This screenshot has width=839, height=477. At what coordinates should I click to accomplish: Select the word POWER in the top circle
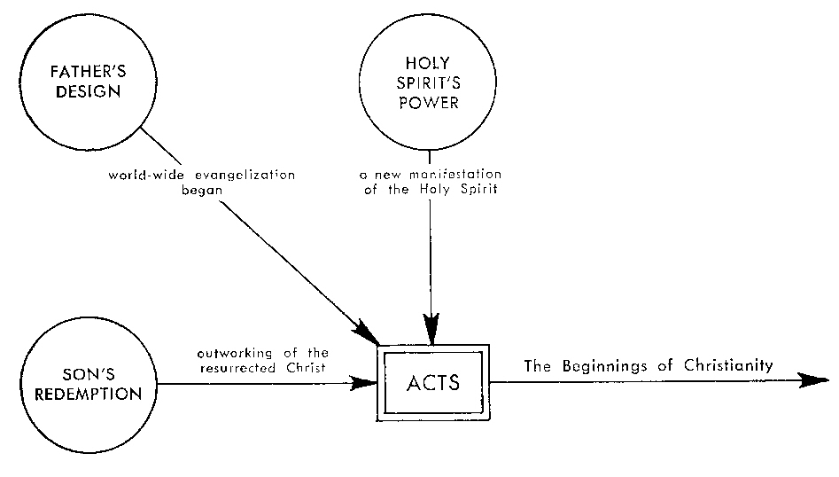pyautogui.click(x=429, y=102)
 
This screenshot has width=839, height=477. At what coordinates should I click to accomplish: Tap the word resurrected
pyautogui.click(x=237, y=365)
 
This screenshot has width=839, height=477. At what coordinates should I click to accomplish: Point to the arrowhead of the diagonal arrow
pyautogui.click(x=367, y=334)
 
